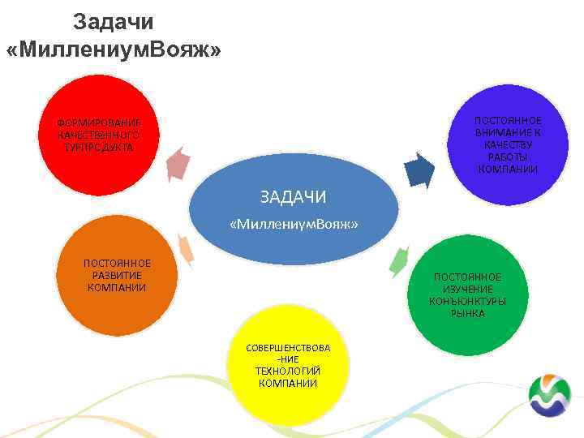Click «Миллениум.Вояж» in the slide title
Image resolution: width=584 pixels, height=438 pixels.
pos(113,50)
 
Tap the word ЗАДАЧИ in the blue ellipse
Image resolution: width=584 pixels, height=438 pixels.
pos(293,196)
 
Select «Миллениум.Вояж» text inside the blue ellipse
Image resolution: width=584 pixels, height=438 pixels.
pos(294,223)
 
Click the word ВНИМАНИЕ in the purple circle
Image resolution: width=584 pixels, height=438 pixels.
pos(508,132)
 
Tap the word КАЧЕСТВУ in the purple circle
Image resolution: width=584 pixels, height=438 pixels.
pos(508,144)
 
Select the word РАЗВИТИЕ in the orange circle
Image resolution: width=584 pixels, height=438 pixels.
pos(117,275)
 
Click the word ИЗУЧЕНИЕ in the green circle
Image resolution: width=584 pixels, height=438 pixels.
pos(467,289)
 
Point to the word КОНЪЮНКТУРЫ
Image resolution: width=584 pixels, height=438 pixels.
pos(467,301)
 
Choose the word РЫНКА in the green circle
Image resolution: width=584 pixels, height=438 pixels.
pos(467,313)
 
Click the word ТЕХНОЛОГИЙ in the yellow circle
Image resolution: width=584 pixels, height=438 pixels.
pos(288,371)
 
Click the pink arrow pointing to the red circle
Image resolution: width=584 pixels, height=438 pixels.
pos(178,163)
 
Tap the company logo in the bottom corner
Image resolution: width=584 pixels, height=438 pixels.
pos(549,397)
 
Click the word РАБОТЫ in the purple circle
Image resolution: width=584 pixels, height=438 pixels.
pos(508,157)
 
